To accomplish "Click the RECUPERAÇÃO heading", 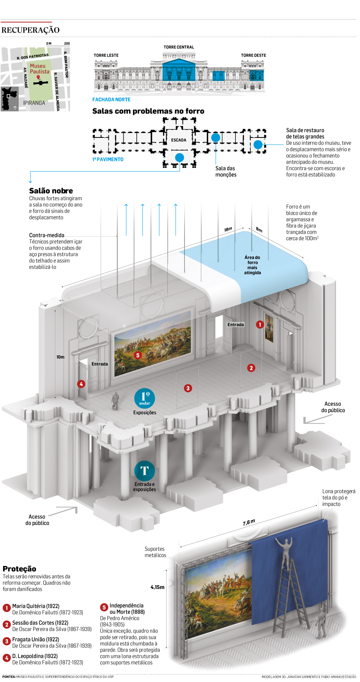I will tap(30, 30).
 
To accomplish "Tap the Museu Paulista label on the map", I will tap(39, 69).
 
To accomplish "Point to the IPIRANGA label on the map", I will tap(34, 103).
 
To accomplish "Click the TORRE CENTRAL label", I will tap(179, 47).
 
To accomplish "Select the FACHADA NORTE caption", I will tap(111, 100).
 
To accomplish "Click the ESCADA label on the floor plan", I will tap(178, 140).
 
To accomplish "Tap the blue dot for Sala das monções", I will tap(216, 137).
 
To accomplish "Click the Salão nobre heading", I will tap(51, 191).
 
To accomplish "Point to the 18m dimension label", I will tap(228, 229).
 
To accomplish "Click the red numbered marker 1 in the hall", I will tap(260, 325).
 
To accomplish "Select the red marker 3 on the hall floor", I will tap(188, 388).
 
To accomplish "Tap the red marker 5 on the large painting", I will tap(138, 355).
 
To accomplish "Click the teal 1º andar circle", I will tap(144, 398).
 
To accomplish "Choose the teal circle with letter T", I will tap(144, 471).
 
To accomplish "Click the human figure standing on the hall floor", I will tap(115, 400).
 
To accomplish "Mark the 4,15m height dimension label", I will tap(157, 587).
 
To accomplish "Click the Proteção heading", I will tap(20, 569).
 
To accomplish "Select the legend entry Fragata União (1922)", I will tap(36, 639).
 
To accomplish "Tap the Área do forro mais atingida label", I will tap(252, 265).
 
